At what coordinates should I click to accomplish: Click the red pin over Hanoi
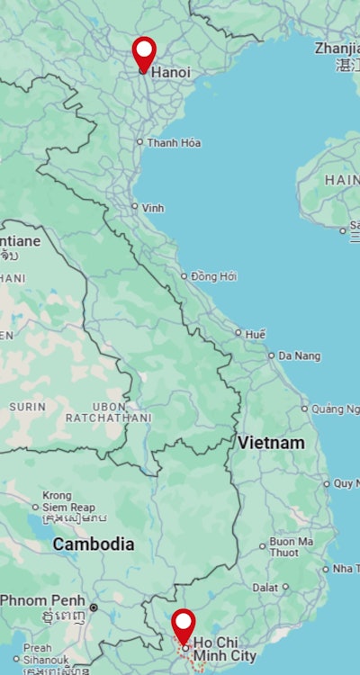pos(144,52)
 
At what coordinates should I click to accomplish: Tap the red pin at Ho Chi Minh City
pos(184,624)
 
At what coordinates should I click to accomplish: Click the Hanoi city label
pos(171,72)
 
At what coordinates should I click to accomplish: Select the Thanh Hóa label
pos(174,143)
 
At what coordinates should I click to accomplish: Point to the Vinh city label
pos(153,208)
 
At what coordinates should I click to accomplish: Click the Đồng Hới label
pos(214,276)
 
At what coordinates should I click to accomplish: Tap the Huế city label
pos(256,334)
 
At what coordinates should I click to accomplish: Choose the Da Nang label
pos(299,356)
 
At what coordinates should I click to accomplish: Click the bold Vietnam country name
pos(271,443)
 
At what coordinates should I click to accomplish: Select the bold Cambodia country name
pos(93,544)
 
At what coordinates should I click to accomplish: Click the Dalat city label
pos(265,587)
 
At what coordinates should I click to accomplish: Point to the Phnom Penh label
pos(42,600)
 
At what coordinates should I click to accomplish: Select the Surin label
pos(27,407)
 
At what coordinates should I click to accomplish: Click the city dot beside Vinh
pos(135,207)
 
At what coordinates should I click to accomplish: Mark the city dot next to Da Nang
pos(272,355)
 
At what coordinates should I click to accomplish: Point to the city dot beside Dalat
pos(285,587)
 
